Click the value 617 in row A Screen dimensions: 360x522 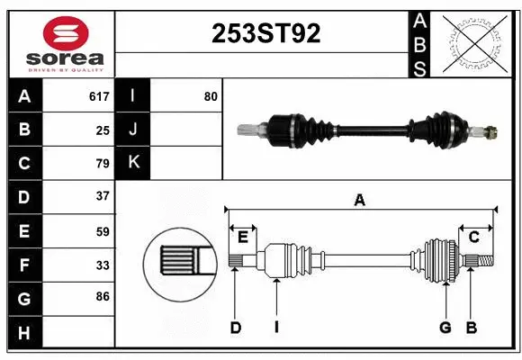(99, 96)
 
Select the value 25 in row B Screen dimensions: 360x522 (103, 130)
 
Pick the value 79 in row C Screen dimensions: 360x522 (103, 164)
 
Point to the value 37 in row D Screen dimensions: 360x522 (103, 196)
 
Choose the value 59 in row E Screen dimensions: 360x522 (103, 231)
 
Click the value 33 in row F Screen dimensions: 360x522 (103, 265)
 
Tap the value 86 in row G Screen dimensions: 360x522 (103, 295)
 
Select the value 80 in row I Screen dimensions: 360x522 (210, 95)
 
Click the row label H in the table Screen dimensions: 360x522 (24, 334)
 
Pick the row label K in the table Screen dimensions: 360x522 (133, 163)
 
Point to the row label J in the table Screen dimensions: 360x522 (133, 130)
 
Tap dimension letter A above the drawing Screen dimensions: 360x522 (360, 201)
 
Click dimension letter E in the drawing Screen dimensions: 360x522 (242, 237)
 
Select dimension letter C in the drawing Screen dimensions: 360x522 (473, 237)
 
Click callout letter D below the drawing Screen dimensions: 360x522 (235, 328)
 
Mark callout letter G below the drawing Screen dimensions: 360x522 (445, 328)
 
